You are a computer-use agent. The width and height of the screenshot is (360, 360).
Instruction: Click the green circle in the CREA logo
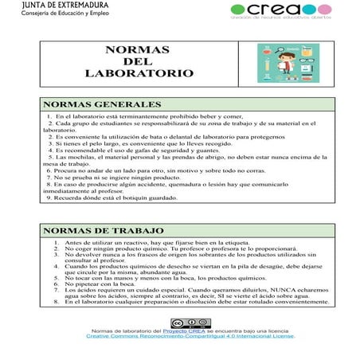point(237,10)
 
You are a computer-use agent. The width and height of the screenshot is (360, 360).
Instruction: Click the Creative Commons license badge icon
point(180,323)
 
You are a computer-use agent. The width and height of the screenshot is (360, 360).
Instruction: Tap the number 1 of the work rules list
point(56,242)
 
